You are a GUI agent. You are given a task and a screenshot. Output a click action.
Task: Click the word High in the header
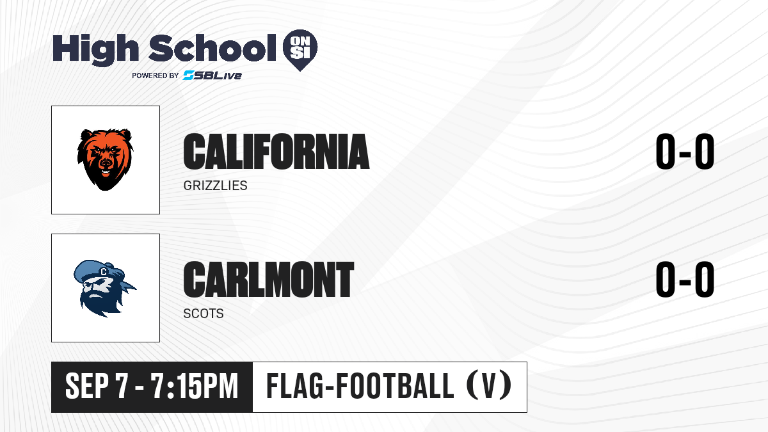coord(95,49)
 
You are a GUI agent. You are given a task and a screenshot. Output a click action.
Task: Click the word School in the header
coord(212,48)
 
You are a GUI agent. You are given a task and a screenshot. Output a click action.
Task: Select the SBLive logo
coord(212,75)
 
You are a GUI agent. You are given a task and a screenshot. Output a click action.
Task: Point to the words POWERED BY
coord(156,76)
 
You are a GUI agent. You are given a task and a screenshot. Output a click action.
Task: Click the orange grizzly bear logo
coord(105,159)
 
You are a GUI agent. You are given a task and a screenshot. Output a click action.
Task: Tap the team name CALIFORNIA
coord(276,152)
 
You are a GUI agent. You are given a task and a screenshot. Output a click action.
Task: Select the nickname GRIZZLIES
coord(215,186)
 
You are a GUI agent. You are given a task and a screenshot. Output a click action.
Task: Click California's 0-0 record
coord(685,152)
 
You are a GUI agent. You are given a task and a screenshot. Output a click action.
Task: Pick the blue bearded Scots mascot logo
coord(104,289)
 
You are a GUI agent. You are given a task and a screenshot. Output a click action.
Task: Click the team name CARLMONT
coord(268,280)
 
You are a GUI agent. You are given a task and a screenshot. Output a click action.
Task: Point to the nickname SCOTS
coord(204,314)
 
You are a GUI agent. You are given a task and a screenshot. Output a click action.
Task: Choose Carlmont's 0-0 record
coord(685,280)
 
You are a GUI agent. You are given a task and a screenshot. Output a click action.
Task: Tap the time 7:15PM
coord(195,386)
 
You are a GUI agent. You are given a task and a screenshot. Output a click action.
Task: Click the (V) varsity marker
coord(489,385)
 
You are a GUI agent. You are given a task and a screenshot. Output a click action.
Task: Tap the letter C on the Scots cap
coord(103,272)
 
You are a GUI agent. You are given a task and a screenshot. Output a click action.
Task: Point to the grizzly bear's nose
coord(105,162)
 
